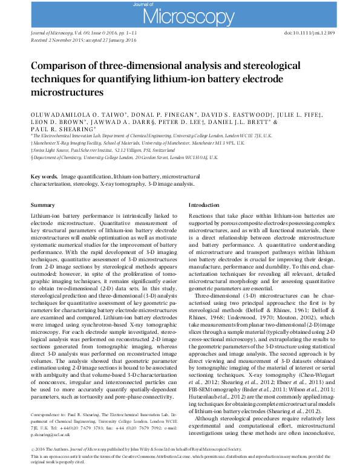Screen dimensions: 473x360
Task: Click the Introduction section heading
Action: [204, 206]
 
